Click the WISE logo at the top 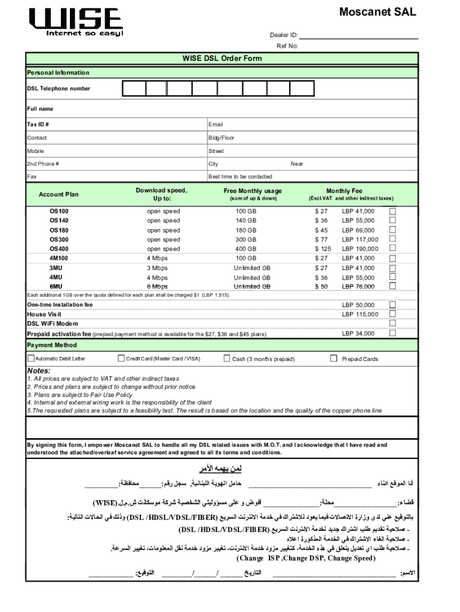[x=76, y=22]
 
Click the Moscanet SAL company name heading [x=378, y=12]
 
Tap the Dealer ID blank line [x=358, y=35]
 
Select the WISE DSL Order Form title [x=222, y=59]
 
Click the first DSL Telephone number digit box [x=134, y=88]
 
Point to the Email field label [x=216, y=125]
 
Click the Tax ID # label [x=38, y=125]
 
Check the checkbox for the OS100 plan [x=393, y=212]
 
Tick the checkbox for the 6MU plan [x=393, y=287]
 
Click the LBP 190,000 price [x=360, y=249]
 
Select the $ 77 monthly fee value [x=321, y=240]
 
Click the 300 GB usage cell [x=246, y=240]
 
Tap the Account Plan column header [x=59, y=194]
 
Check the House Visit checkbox [x=393, y=314]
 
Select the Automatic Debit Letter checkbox [x=31, y=359]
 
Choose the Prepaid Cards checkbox [x=334, y=359]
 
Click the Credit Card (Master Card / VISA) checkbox [x=121, y=359]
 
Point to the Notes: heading [x=39, y=371]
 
